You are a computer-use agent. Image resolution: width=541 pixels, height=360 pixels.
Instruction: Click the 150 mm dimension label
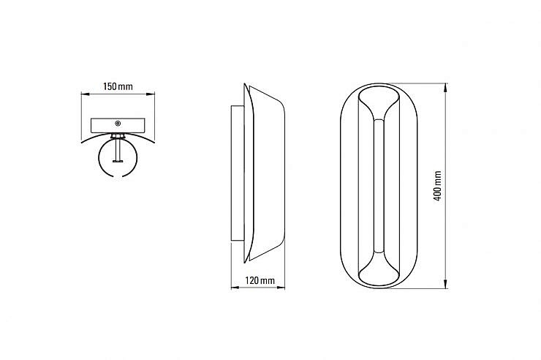[x=118, y=86]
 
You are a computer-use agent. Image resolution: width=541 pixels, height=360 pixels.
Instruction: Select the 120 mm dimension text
[x=260, y=280]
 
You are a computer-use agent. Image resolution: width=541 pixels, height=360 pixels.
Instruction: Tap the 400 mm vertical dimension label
[x=437, y=186]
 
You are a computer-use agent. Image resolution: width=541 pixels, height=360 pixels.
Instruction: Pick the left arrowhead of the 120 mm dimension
[x=235, y=287]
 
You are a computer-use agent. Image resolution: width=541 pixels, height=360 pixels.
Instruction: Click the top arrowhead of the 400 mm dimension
[x=446, y=87]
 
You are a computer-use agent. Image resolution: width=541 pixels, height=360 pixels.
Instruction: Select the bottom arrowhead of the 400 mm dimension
[x=446, y=284]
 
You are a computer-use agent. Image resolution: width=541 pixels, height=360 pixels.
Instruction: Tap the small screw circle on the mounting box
[x=118, y=123]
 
